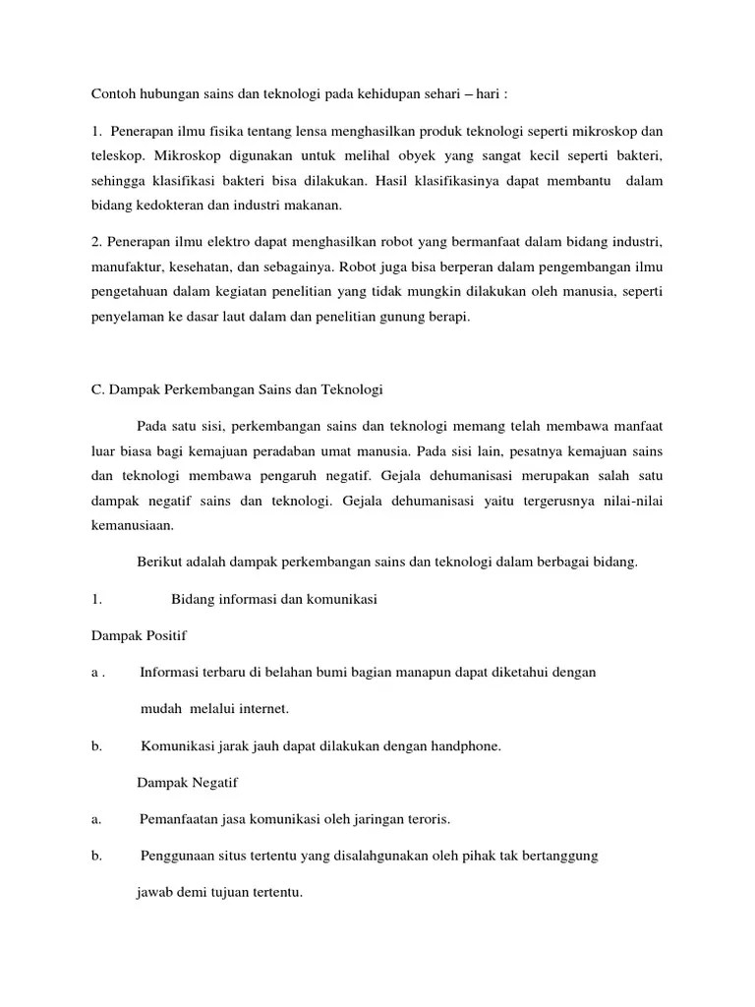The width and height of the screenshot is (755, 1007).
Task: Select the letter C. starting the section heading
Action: tap(96, 389)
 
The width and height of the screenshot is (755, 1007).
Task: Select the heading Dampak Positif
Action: tap(139, 635)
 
